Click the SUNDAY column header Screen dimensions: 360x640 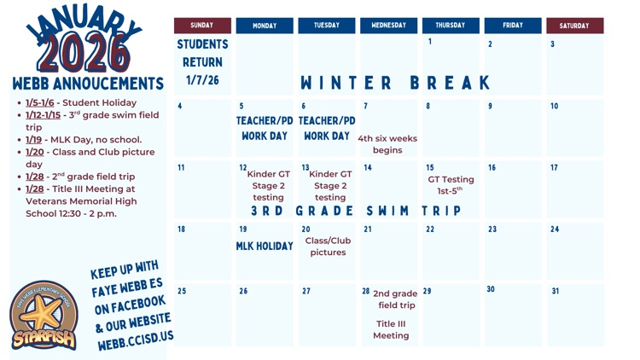202,26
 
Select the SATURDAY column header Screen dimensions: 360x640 574,26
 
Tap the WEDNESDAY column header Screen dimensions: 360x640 388,26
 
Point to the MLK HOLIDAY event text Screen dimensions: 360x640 265,247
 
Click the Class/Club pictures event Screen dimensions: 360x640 328,247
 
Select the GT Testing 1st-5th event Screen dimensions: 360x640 451,185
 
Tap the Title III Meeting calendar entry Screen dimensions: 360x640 391,329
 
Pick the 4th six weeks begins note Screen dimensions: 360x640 387,144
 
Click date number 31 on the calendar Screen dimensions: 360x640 556,291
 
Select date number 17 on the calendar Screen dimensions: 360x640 555,168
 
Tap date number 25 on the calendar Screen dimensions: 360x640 182,291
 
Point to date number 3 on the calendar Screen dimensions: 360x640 552,44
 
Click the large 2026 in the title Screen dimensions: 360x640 84,53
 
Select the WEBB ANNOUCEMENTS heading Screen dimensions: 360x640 87,84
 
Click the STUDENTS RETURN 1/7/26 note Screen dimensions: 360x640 202,62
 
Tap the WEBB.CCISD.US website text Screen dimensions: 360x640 135,337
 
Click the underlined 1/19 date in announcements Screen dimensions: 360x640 33,140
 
